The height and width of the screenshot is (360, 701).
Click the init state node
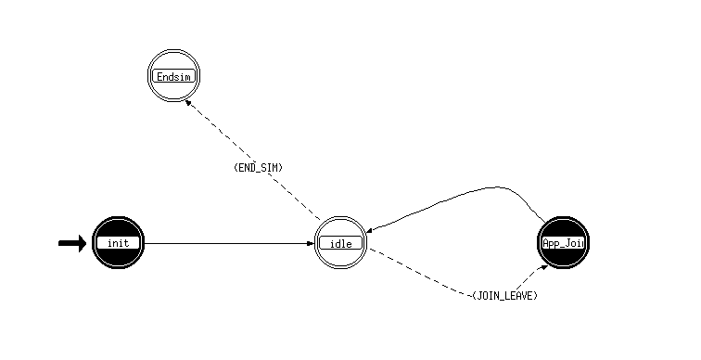(x=118, y=243)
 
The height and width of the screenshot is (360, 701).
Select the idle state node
(x=340, y=243)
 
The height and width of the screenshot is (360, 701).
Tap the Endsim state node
(x=174, y=76)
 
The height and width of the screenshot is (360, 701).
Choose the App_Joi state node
(x=564, y=243)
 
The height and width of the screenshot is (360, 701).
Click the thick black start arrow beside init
(x=72, y=243)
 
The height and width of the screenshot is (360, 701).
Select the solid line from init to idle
(x=229, y=244)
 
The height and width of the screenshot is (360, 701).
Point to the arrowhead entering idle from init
(x=312, y=244)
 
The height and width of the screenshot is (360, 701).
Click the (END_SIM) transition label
(x=259, y=168)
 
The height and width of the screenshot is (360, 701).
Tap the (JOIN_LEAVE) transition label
(x=505, y=296)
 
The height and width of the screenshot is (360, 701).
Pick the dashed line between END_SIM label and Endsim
(x=219, y=130)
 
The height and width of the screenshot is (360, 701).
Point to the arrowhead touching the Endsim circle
(x=188, y=103)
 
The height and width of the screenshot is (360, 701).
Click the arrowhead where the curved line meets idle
(x=370, y=230)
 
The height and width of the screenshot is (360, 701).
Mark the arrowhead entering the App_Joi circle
(x=543, y=267)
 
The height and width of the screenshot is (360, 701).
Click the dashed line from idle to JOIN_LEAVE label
(x=420, y=273)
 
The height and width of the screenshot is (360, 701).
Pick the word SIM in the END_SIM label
(x=271, y=168)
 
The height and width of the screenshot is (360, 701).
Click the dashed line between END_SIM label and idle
(x=294, y=197)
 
